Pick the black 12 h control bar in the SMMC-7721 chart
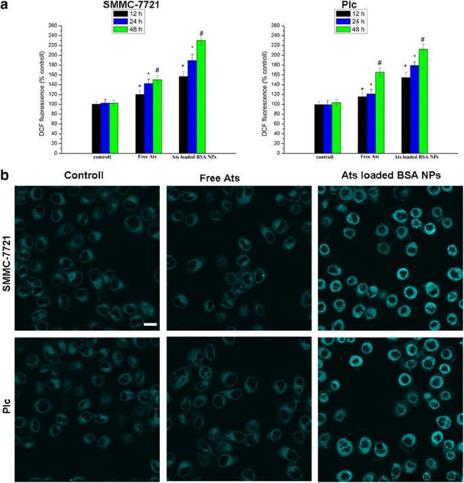[96, 129]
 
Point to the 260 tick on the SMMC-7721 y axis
[51, 25]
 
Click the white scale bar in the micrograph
[150, 325]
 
